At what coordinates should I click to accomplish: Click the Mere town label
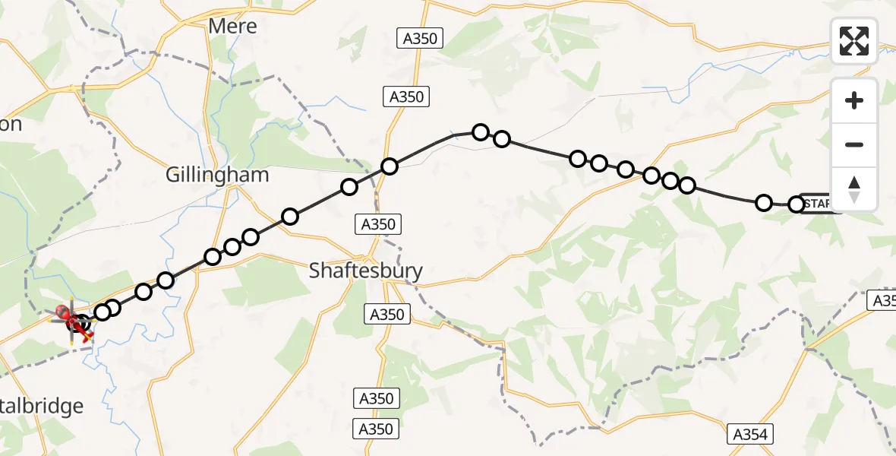click(x=233, y=26)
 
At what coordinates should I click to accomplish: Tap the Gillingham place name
click(x=217, y=175)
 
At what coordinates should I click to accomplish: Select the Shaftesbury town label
click(x=366, y=270)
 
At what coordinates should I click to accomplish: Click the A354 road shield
click(x=752, y=435)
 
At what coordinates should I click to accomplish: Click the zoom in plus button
click(x=854, y=100)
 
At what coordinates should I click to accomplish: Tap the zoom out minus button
click(x=854, y=144)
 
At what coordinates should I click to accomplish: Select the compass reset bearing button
click(x=854, y=189)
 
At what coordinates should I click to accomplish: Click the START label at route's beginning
click(x=820, y=204)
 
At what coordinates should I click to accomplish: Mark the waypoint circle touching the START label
click(x=796, y=204)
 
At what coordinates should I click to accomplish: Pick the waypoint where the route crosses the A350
click(x=389, y=166)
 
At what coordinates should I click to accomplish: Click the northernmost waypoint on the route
click(x=480, y=132)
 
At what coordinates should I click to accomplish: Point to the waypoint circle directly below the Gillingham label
click(x=213, y=257)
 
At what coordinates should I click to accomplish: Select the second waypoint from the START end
click(x=764, y=202)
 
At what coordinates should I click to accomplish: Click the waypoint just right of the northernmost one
click(x=501, y=139)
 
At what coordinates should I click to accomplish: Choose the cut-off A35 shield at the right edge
click(x=883, y=300)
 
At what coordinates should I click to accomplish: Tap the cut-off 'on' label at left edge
click(x=11, y=125)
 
